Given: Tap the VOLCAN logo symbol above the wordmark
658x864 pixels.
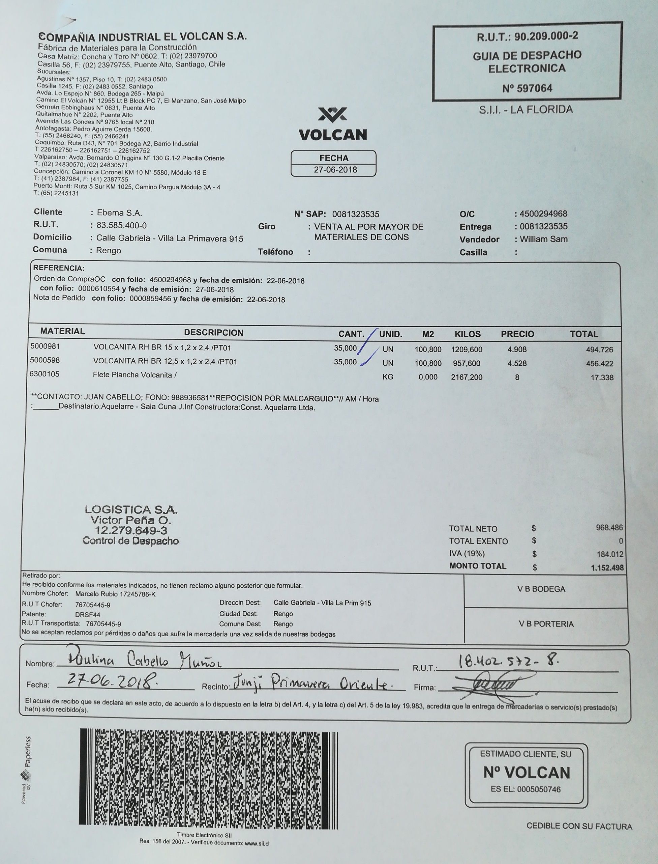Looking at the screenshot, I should (x=333, y=114).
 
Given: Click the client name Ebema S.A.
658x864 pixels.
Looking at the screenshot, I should (x=119, y=213).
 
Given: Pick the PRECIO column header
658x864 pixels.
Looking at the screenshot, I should (x=517, y=334).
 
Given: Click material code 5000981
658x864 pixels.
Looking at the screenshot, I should (x=45, y=346).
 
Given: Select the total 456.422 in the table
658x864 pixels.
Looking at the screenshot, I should (x=599, y=363).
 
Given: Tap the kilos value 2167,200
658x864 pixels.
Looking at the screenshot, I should (x=467, y=378).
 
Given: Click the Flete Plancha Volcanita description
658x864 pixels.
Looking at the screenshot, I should (x=134, y=375).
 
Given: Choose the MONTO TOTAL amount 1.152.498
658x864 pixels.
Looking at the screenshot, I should (x=607, y=568).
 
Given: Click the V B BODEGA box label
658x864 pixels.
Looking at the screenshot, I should (x=541, y=589).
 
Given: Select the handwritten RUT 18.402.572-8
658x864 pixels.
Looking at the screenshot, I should (x=509, y=662).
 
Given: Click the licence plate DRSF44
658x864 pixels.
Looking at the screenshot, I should (x=87, y=615).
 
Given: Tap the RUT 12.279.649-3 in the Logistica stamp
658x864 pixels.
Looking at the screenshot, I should (x=131, y=531).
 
